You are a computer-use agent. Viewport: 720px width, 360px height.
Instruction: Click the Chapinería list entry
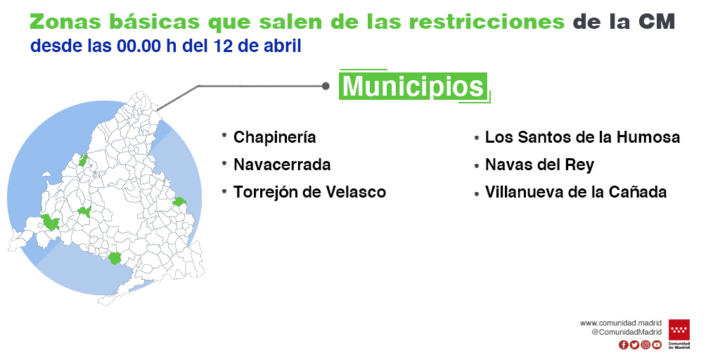click(275, 137)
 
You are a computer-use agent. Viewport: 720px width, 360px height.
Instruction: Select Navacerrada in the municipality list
click(282, 165)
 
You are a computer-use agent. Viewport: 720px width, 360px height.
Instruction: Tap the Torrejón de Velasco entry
click(309, 192)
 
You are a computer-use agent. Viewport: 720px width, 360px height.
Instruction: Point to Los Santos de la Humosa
click(582, 137)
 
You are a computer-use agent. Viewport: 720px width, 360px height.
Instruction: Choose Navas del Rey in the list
click(539, 165)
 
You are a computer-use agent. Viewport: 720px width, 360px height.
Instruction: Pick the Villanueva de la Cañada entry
click(576, 192)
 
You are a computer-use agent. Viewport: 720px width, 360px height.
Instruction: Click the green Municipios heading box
click(413, 86)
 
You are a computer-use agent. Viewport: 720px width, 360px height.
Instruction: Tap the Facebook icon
click(624, 345)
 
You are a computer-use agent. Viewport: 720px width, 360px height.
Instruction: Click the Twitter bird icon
click(635, 345)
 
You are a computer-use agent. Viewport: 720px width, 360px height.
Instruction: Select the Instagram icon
click(645, 345)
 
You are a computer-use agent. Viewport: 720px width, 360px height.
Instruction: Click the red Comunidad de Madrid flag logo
click(679, 330)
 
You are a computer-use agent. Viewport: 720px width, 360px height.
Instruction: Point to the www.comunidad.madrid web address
click(621, 323)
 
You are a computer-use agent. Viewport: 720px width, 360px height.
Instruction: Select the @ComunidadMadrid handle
click(626, 332)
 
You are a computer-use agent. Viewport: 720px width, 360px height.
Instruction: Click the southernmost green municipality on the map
click(115, 258)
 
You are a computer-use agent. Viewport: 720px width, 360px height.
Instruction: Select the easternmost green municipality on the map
click(179, 202)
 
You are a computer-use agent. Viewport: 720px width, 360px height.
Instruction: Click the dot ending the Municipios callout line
click(326, 86)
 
